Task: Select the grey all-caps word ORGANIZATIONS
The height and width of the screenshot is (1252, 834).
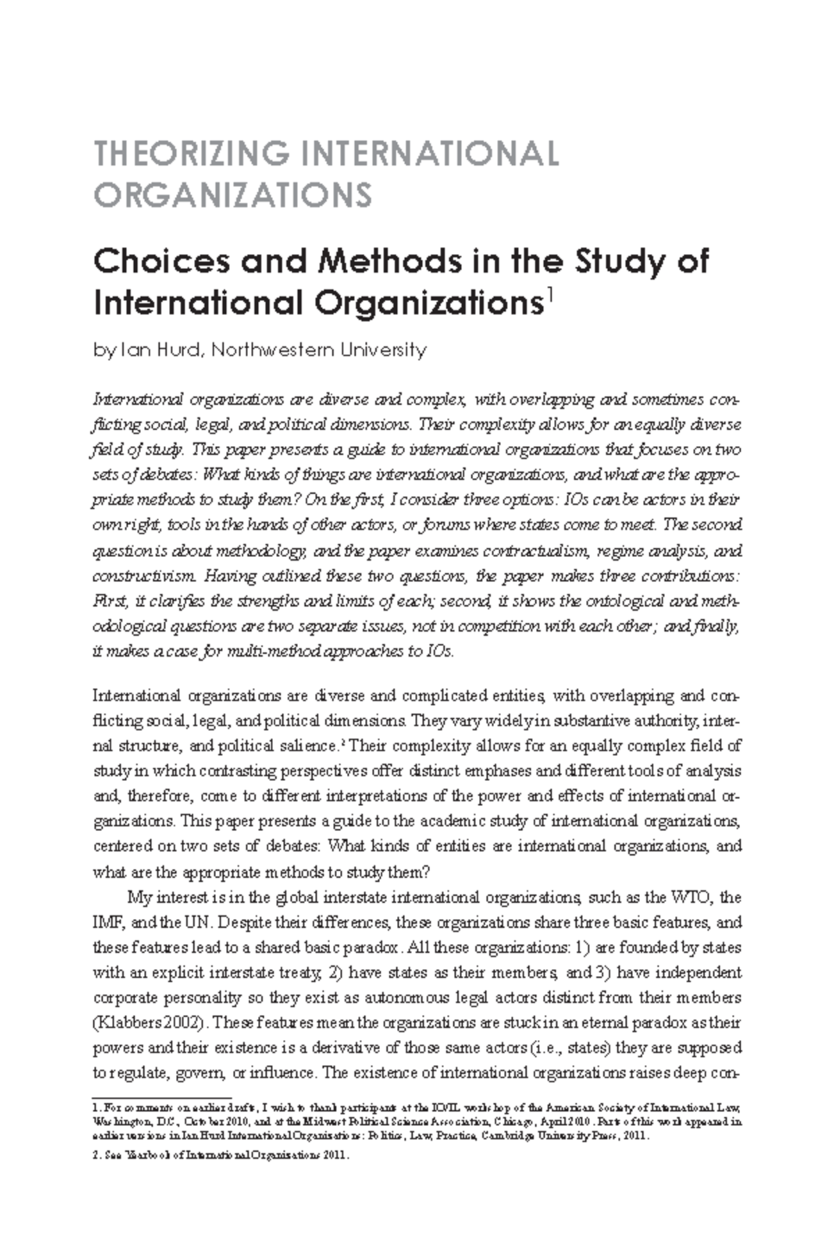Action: pos(233,195)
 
